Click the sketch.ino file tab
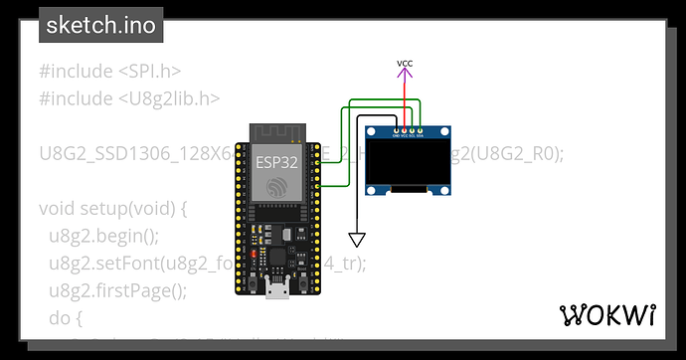pyautogui.click(x=100, y=26)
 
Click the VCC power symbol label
pyautogui.click(x=405, y=65)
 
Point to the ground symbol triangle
pyautogui.click(x=357, y=239)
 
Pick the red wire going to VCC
pyautogui.click(x=405, y=99)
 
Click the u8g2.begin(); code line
pyautogui.click(x=103, y=237)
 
